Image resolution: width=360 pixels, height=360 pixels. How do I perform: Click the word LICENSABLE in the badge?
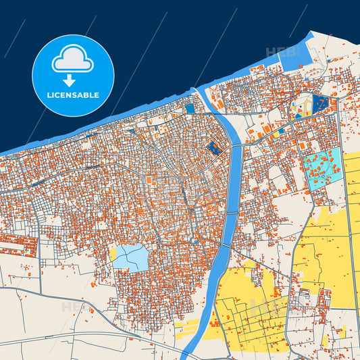click(x=73, y=95)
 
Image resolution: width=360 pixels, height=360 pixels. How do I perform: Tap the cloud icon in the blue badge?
click(x=73, y=61)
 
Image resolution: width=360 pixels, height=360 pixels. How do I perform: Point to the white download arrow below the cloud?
click(x=73, y=80)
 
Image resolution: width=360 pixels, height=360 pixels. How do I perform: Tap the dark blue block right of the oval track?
click(x=321, y=103)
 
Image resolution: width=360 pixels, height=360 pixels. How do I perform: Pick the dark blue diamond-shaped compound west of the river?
click(x=214, y=148)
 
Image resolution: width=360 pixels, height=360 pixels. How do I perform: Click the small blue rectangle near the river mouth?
click(x=190, y=107)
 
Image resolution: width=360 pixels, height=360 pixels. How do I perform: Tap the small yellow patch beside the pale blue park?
click(x=113, y=253)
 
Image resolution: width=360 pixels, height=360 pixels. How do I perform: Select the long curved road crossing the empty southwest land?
click(x=88, y=337)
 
